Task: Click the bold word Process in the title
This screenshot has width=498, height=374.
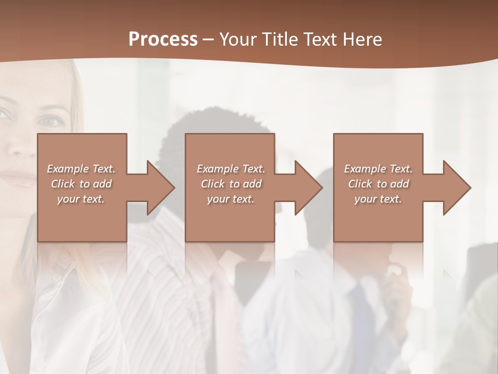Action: [163, 39]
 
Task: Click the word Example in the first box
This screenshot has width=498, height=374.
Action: [68, 169]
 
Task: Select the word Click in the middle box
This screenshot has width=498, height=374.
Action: [213, 184]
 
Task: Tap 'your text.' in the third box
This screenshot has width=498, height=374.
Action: [378, 199]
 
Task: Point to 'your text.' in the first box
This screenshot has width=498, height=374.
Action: [81, 199]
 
